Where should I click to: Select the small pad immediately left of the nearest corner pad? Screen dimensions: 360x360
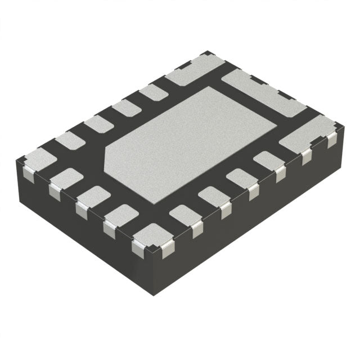[x=121, y=216]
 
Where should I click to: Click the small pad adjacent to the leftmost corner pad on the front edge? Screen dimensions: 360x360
[x=66, y=178]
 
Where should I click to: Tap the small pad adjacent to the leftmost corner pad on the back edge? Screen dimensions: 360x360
[x=70, y=140]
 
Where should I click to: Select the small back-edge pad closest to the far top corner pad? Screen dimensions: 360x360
[x=153, y=92]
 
